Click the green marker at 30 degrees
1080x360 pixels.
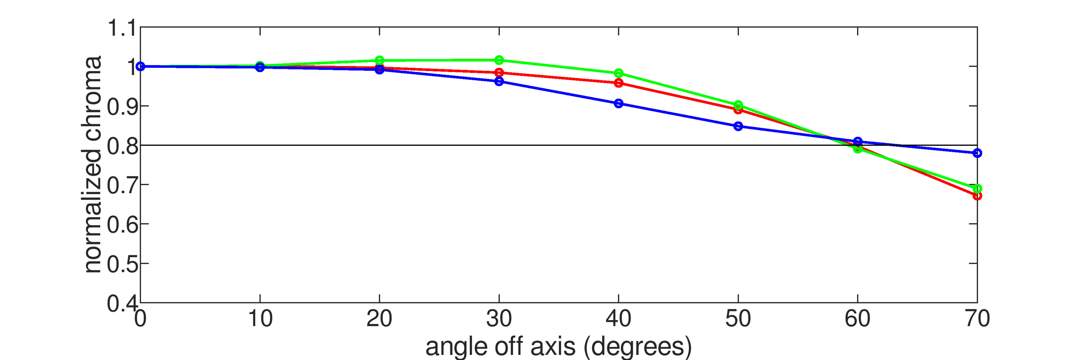click(499, 60)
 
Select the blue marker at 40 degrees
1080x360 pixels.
click(618, 103)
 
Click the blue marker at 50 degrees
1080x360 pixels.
click(738, 126)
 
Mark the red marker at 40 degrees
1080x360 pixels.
click(618, 83)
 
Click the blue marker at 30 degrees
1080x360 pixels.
click(499, 81)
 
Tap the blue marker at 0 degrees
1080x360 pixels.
click(140, 66)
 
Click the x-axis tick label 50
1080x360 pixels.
click(738, 319)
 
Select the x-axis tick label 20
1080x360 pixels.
click(379, 319)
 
